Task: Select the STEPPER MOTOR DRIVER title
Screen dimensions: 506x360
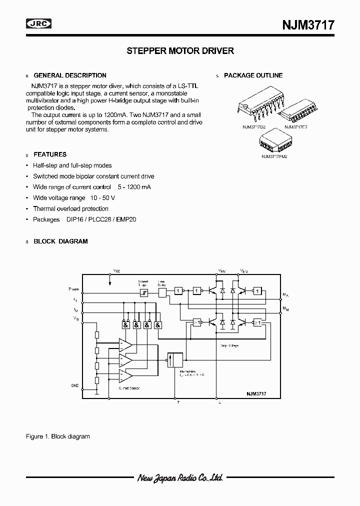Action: click(x=180, y=50)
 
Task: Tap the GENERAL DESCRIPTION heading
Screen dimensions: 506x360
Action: click(x=69, y=75)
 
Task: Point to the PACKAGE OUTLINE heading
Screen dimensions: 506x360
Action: click(x=253, y=75)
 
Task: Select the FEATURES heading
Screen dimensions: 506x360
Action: click(x=49, y=154)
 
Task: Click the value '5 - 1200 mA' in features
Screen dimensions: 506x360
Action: click(x=134, y=187)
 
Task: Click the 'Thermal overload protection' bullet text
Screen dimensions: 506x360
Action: click(x=70, y=209)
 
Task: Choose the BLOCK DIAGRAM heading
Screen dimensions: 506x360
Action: click(x=60, y=241)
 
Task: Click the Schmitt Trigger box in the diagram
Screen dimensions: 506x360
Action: click(x=143, y=293)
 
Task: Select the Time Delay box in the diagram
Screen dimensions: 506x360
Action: click(x=162, y=293)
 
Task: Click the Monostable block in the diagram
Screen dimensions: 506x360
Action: click(x=175, y=360)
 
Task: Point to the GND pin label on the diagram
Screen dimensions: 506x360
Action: click(x=74, y=385)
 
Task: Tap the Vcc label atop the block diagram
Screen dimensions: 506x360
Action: click(x=116, y=270)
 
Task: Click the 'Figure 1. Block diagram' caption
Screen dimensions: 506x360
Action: click(x=57, y=436)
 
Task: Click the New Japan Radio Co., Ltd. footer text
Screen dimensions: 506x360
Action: click(x=180, y=478)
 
